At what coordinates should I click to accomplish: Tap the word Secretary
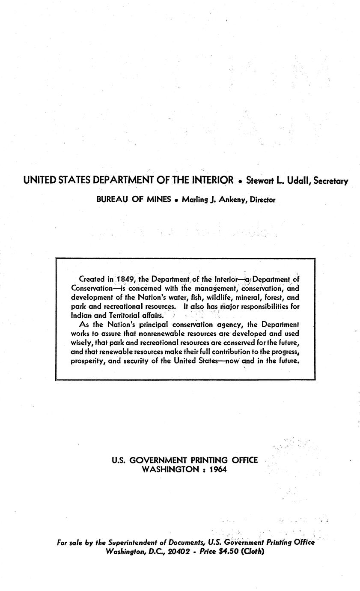pyautogui.click(x=331, y=181)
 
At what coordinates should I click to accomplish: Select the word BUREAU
pyautogui.click(x=112, y=199)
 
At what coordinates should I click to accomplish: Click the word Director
pyautogui.click(x=263, y=200)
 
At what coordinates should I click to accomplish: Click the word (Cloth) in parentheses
pyautogui.click(x=253, y=552)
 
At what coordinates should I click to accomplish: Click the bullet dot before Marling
pyautogui.click(x=176, y=200)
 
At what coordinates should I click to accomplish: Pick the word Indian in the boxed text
pyautogui.click(x=81, y=315)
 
